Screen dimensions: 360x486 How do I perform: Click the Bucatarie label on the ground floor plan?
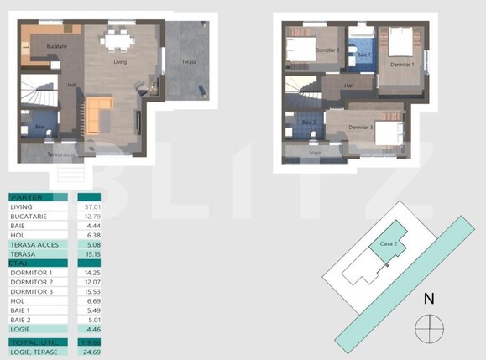coord(56,47)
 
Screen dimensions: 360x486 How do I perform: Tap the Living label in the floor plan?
coord(120,61)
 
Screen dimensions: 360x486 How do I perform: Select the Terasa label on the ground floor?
coord(191,63)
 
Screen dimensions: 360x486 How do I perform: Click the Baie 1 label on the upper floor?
coord(363,55)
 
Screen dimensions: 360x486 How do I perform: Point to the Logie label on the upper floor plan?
coord(316,153)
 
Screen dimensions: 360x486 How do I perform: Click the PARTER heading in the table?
coord(26,197)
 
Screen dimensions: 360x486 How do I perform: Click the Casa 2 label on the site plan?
coord(387,243)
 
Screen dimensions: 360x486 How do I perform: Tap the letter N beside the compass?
coord(429,298)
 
